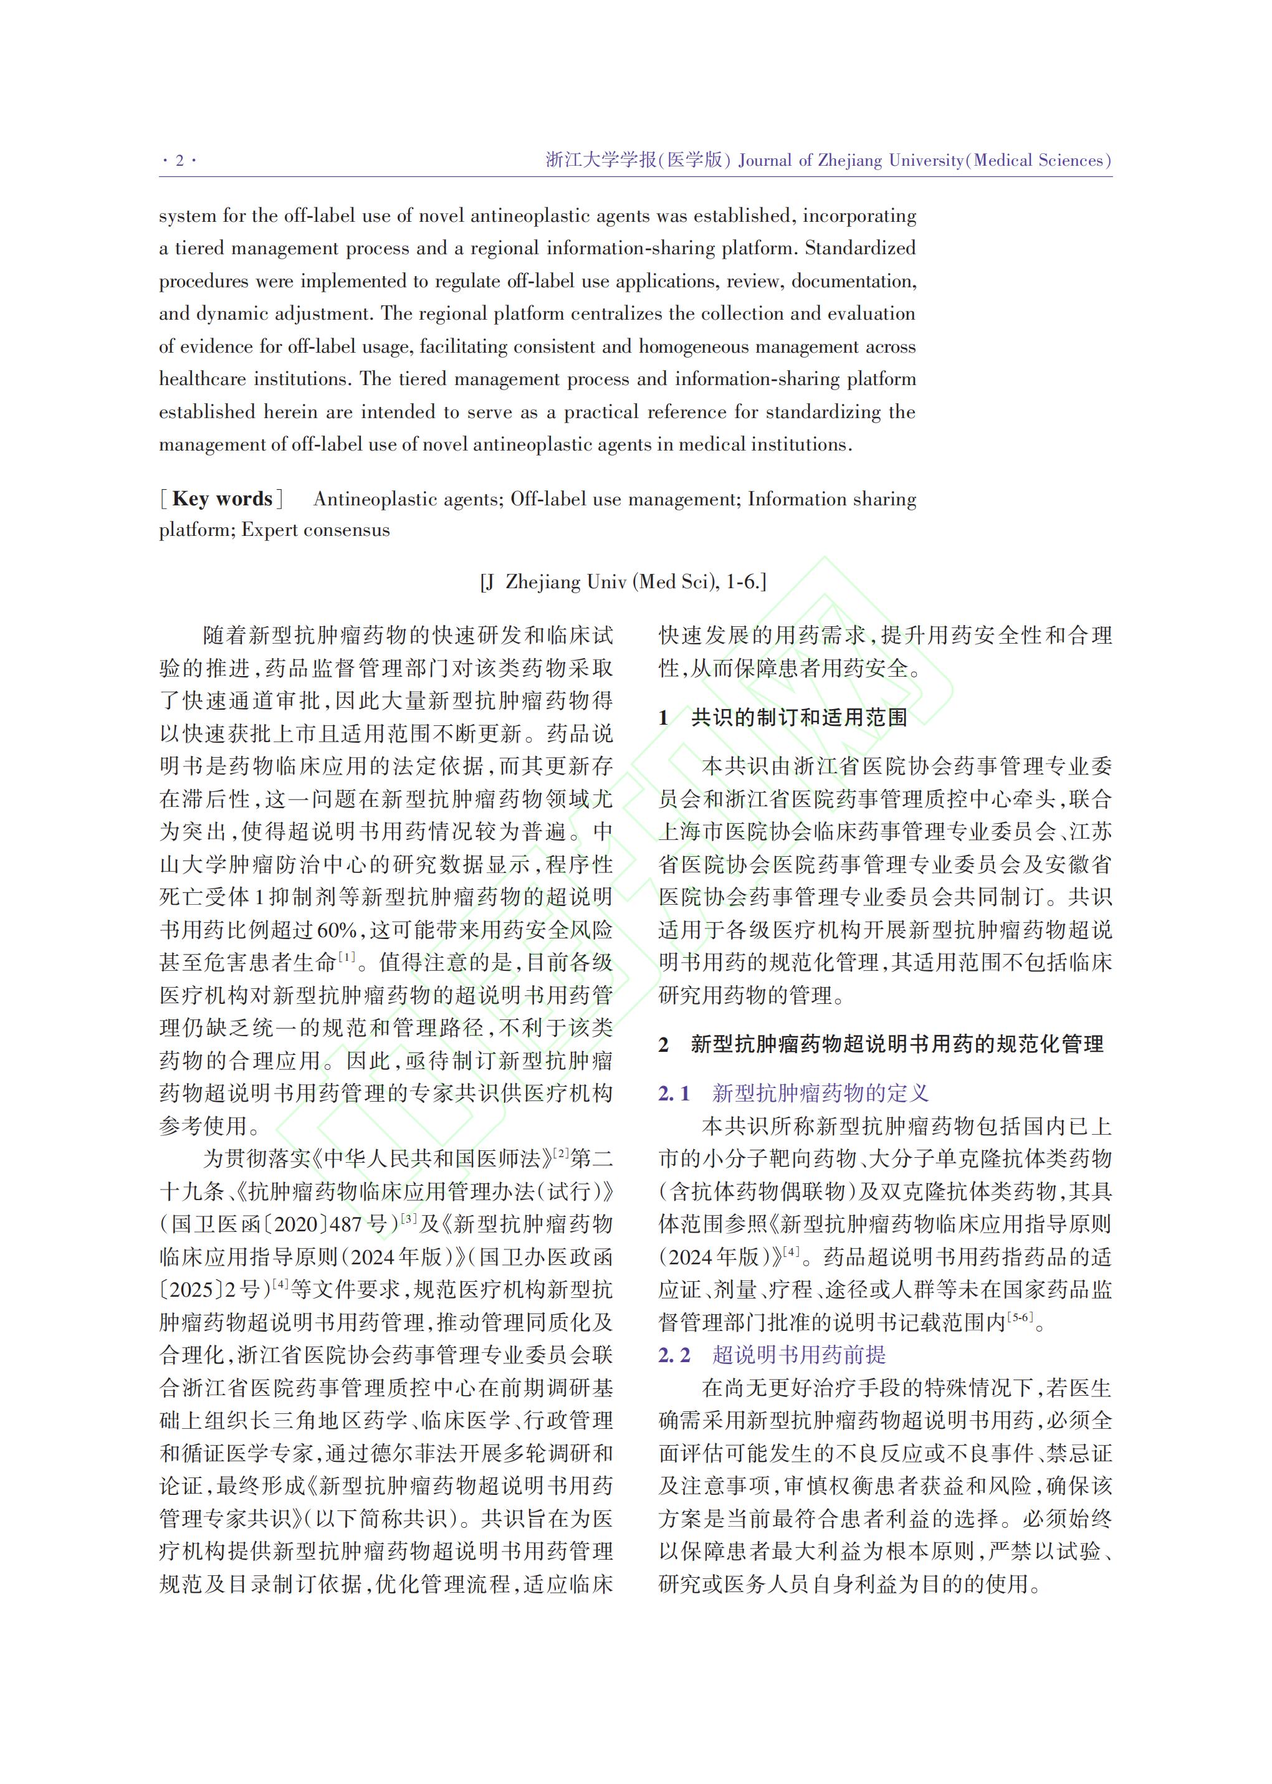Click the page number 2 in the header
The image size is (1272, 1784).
pyautogui.click(x=179, y=161)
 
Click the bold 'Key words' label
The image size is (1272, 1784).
pyautogui.click(x=222, y=499)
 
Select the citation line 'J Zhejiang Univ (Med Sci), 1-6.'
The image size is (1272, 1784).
pyautogui.click(x=623, y=582)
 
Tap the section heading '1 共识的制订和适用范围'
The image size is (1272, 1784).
pyautogui.click(x=783, y=717)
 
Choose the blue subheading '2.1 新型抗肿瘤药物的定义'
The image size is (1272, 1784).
pyautogui.click(x=793, y=1093)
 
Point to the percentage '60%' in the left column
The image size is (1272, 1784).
pyautogui.click(x=338, y=930)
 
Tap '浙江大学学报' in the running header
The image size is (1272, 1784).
pyautogui.click(x=601, y=161)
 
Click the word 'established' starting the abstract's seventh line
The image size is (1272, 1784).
pyautogui.click(x=207, y=412)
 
